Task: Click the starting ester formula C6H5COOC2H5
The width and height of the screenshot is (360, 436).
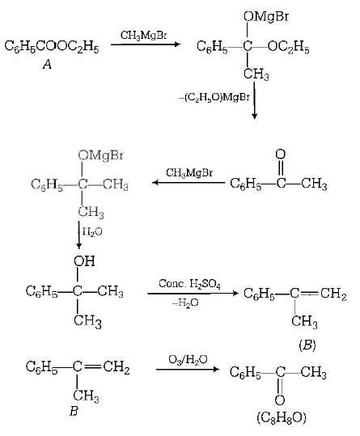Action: [51, 48]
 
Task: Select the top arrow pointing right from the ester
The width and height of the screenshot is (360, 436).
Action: [146, 45]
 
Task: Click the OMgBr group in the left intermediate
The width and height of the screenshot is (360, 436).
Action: [95, 155]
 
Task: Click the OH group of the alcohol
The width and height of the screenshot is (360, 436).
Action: [84, 260]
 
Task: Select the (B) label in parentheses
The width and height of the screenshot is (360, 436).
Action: [307, 343]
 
